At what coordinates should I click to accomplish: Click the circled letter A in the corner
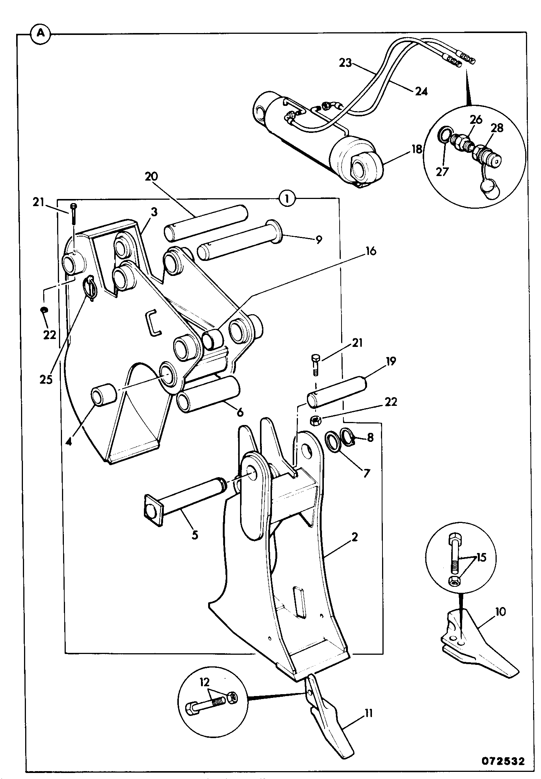[41, 33]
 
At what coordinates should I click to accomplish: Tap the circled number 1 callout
[287, 198]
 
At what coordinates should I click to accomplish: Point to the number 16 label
[370, 251]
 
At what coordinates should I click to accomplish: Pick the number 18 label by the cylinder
[416, 149]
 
